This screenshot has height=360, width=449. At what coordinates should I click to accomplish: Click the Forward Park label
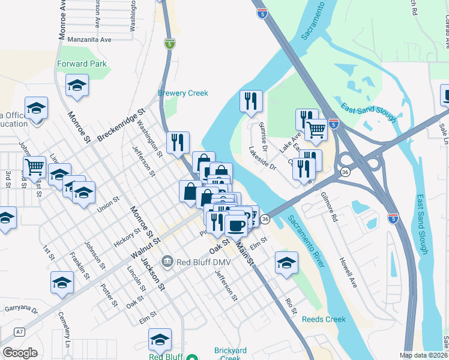(81, 64)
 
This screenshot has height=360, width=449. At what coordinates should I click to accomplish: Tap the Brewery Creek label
(182, 93)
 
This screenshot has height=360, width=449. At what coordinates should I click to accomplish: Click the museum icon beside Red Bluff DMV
(167, 260)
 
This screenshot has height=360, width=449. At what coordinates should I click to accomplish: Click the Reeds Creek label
(324, 319)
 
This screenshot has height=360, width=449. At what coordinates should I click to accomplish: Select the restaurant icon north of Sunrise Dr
(251, 101)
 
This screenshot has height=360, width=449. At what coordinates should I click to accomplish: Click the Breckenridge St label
(122, 124)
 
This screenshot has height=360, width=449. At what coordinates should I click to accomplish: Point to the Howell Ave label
(348, 273)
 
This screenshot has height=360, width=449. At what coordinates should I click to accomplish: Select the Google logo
(20, 353)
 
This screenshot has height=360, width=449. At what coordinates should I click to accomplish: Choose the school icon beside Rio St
(286, 263)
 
